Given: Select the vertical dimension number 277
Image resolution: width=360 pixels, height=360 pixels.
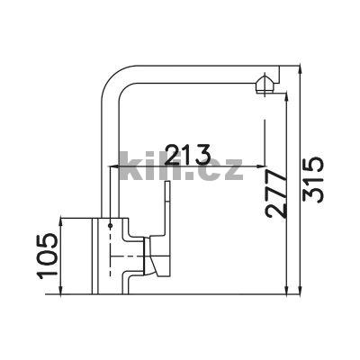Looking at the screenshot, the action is click(275, 193).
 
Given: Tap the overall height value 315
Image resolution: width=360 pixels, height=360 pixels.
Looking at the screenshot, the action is click(313, 180).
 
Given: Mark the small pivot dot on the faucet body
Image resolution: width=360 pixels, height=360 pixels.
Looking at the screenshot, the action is click(111, 225).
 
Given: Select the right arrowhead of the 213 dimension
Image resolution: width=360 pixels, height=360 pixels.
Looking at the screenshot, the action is click(261, 166).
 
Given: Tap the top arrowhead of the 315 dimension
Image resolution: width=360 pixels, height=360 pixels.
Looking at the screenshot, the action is click(301, 69).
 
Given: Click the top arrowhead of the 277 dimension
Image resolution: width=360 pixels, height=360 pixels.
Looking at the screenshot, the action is click(287, 97).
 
